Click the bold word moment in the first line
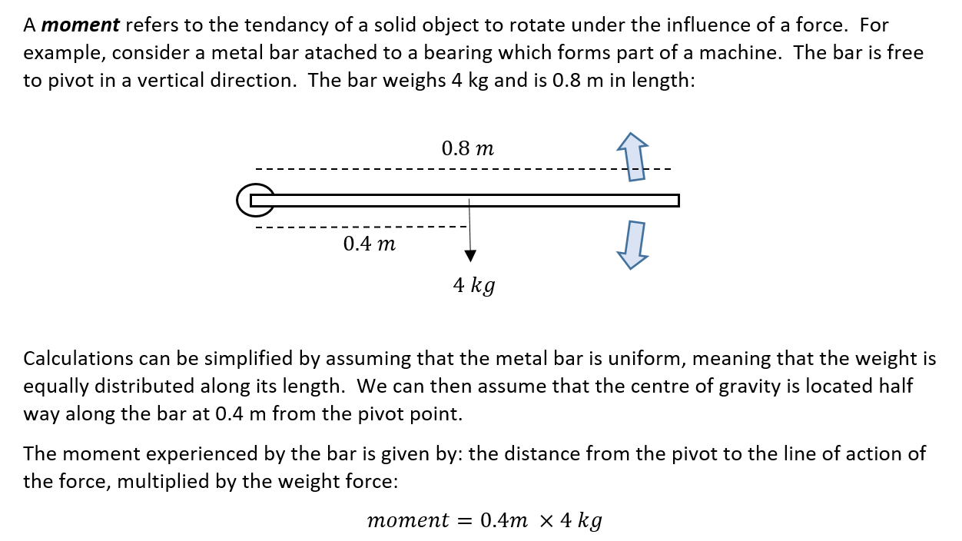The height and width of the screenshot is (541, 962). coord(81,25)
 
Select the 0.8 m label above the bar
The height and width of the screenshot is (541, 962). coord(467,148)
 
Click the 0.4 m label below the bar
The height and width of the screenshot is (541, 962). coord(370,244)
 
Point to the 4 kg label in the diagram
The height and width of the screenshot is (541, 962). coord(473,286)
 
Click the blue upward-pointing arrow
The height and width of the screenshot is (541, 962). coord(634,156)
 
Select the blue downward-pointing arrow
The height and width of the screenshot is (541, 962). coord(633,244)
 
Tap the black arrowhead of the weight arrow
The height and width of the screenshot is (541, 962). coord(469,256)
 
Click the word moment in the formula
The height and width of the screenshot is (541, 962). coord(408,520)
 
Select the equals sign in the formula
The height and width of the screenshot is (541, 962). coord(464,520)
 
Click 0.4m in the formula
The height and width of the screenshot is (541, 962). coord(503,520)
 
